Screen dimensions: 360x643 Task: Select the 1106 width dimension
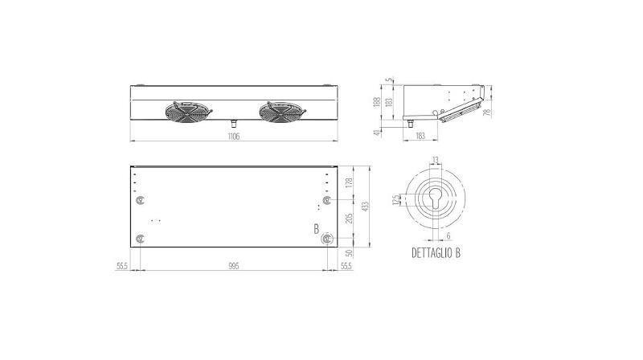click(x=233, y=137)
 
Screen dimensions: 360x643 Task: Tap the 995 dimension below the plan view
click(x=233, y=265)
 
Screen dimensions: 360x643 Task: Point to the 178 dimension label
click(x=347, y=183)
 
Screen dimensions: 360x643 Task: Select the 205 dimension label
click(x=347, y=219)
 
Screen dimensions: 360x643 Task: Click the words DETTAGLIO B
click(x=435, y=252)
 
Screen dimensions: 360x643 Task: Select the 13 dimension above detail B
click(x=435, y=160)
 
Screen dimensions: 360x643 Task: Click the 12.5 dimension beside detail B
click(x=395, y=200)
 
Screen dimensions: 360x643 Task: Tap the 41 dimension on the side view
click(x=378, y=132)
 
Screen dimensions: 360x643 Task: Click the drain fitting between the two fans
click(x=232, y=123)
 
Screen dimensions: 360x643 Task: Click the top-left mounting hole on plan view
click(x=141, y=198)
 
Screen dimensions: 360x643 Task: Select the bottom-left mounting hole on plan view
click(x=141, y=238)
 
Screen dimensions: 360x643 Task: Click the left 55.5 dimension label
click(x=123, y=265)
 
